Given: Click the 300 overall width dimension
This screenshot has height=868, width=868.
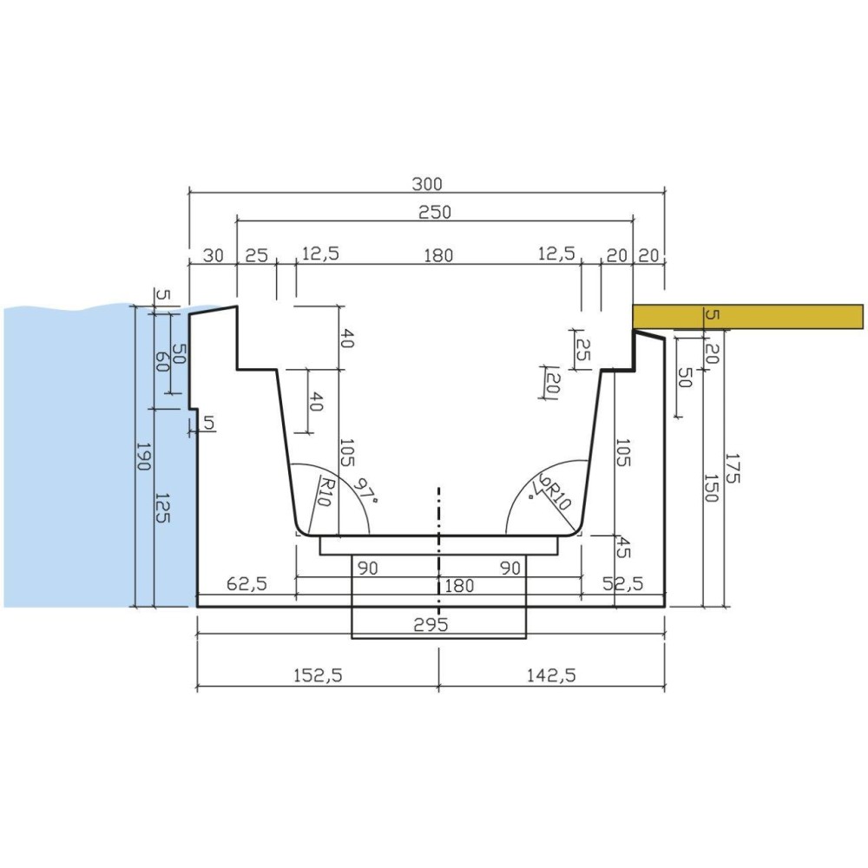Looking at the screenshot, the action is tap(427, 183).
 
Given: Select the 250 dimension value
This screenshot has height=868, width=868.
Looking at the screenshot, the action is tap(435, 212).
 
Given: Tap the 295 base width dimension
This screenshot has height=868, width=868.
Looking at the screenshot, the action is tap(431, 624).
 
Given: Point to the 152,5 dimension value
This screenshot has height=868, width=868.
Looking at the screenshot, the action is tap(318, 674).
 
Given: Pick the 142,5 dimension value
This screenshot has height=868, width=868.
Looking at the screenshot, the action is tap(551, 674).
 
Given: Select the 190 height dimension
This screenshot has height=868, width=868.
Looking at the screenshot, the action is tap(143, 457).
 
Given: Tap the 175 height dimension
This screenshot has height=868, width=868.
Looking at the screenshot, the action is tap(732, 469).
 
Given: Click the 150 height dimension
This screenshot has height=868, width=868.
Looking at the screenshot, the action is tap(711, 488).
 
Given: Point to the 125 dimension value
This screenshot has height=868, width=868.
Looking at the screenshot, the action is tap(162, 508).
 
